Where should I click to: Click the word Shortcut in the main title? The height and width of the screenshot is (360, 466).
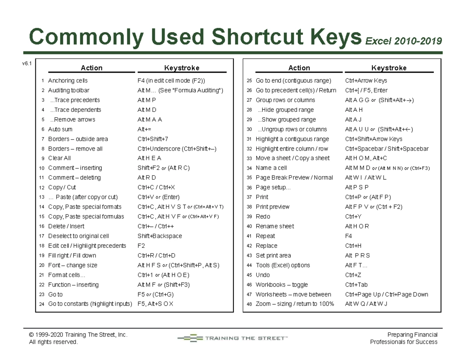pos(257,37)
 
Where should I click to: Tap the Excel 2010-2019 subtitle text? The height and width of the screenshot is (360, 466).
pos(403,41)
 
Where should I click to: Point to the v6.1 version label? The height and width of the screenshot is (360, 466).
pos(27,63)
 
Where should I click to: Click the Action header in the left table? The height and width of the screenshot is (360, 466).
pos(92,68)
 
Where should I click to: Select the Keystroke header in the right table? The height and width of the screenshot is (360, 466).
pos(389,68)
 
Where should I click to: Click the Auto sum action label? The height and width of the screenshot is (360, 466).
pos(60,129)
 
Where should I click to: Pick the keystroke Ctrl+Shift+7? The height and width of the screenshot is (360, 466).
pos(153,139)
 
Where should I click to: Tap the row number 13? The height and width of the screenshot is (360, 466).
pos(42,197)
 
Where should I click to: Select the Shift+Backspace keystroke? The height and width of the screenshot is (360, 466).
pos(160,236)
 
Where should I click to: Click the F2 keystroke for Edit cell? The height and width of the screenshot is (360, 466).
pos(141,246)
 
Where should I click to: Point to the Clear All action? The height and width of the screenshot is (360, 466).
pos(59,158)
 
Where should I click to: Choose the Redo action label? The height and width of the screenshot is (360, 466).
pos(263,216)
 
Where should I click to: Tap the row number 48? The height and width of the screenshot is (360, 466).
pos(249,304)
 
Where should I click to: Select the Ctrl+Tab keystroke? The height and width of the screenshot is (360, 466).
pos(356,285)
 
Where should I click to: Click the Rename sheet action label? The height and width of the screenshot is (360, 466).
pos(275,226)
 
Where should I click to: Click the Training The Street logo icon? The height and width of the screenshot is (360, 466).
pos(190,338)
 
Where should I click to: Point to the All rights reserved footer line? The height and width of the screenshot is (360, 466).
pos(54,342)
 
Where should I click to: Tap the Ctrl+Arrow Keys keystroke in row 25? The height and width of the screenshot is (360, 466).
pos(366,81)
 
